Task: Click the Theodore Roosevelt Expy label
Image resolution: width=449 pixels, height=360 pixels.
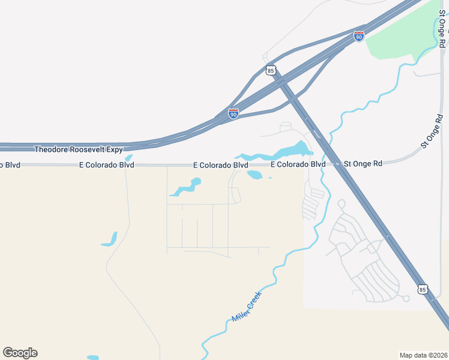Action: (x=79, y=149)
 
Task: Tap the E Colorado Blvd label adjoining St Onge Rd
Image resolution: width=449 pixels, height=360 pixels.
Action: (x=298, y=164)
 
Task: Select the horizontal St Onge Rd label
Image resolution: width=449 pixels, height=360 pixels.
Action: (x=363, y=163)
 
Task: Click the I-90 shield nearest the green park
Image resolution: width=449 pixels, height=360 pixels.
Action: (x=359, y=36)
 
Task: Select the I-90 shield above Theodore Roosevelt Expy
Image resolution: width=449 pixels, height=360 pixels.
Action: (x=234, y=113)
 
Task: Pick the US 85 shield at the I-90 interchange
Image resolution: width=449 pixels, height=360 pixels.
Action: (x=271, y=70)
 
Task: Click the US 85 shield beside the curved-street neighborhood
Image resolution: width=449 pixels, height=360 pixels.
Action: (x=423, y=290)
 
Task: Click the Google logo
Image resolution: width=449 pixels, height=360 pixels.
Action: (x=20, y=352)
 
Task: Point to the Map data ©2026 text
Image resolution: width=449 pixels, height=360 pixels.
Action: (x=423, y=355)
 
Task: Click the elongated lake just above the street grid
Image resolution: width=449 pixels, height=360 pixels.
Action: (x=187, y=187)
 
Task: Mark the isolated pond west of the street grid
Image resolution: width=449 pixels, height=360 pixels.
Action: (x=109, y=239)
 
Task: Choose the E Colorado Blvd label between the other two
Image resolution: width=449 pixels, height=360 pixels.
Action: (x=220, y=164)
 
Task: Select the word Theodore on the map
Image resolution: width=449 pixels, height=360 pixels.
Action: (x=52, y=149)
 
